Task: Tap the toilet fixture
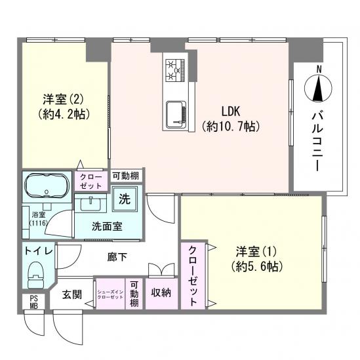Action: pyautogui.click(x=36, y=276)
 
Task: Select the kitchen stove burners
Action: pyautogui.click(x=175, y=70)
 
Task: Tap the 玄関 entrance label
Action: pyautogui.click(x=73, y=294)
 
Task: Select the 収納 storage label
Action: pyautogui.click(x=161, y=292)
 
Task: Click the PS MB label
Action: pyautogui.click(x=33, y=302)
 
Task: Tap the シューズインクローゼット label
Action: pyautogui.click(x=110, y=294)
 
